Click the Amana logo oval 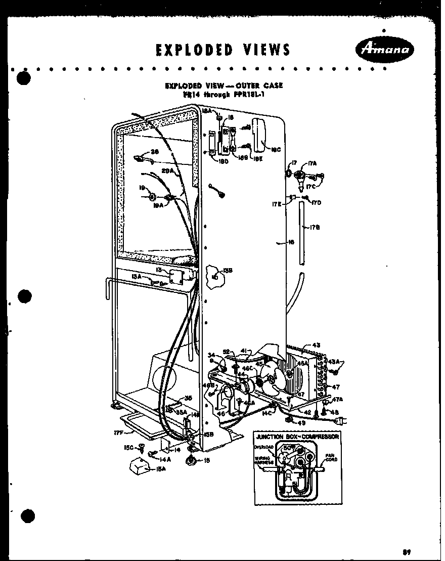point(386,50)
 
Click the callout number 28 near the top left point(155,151)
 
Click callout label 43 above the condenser point(316,345)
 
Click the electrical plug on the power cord point(342,420)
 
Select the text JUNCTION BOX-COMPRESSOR point(297,436)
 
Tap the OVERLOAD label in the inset point(265,447)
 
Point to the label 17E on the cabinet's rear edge point(277,204)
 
